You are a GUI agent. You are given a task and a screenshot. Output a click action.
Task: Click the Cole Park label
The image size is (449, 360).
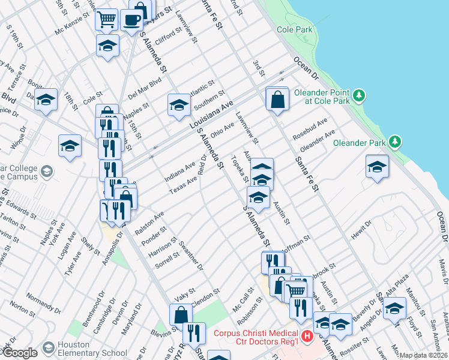click(295, 29)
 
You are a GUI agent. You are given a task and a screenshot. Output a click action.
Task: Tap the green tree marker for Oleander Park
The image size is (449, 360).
click(394, 142)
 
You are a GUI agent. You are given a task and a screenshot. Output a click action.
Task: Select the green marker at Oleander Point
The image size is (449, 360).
click(359, 95)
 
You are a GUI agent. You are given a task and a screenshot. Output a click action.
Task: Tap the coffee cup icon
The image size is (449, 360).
click(131, 19)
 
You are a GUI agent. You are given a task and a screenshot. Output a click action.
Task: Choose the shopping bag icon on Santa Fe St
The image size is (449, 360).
click(278, 99)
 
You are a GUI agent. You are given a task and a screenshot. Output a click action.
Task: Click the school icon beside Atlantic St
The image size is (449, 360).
click(178, 106)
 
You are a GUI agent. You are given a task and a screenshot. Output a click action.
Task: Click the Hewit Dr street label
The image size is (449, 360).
click(362, 229)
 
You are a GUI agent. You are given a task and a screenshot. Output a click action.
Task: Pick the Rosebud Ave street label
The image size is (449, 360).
click(310, 128)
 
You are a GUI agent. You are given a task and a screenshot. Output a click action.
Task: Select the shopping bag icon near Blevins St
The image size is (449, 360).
click(181, 314)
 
